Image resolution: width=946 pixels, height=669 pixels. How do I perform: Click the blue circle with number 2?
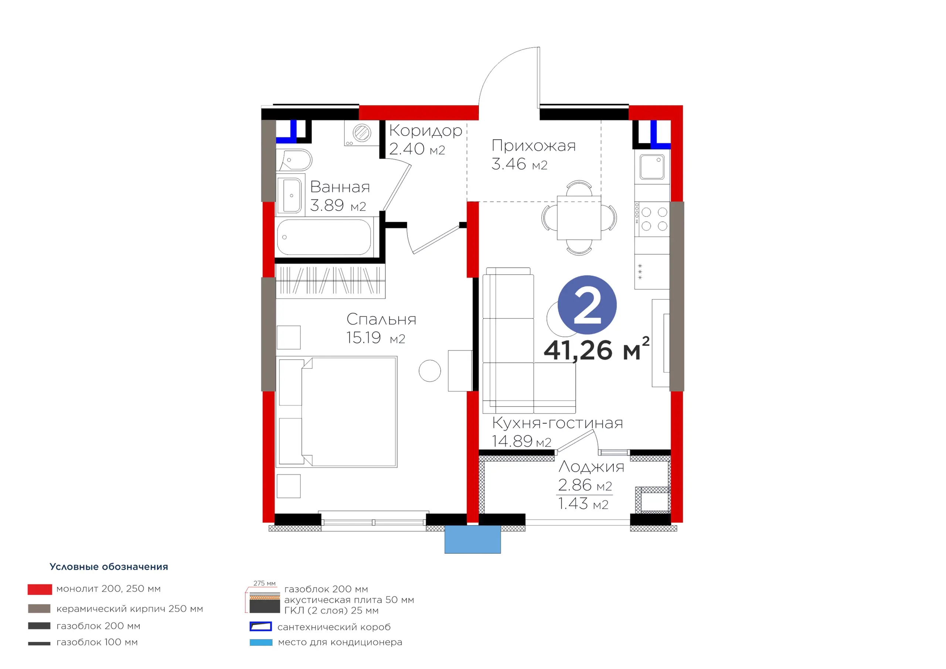(x=587, y=305)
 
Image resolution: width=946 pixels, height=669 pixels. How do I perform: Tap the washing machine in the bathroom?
(x=362, y=133)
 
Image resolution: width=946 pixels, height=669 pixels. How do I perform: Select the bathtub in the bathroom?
(x=324, y=237)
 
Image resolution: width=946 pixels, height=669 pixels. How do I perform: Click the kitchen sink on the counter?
(x=652, y=167)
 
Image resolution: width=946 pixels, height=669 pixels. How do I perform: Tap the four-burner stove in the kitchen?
(x=652, y=219)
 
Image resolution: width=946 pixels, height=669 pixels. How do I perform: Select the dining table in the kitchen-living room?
(x=579, y=218)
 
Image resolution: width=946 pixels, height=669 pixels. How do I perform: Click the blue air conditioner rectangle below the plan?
(x=473, y=539)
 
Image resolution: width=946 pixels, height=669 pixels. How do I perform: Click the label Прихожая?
(x=534, y=146)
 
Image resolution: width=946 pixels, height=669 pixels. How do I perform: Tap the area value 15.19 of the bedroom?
(x=363, y=337)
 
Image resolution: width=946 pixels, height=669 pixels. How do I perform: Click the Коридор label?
(x=426, y=131)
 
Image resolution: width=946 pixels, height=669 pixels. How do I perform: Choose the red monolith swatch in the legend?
(x=40, y=590)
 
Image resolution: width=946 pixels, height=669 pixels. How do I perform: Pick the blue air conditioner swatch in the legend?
(x=261, y=642)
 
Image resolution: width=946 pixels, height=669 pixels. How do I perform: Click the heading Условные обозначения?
(x=109, y=567)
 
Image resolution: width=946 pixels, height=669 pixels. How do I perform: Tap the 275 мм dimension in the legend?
(x=265, y=583)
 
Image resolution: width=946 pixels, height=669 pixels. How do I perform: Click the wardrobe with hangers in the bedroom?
(x=330, y=281)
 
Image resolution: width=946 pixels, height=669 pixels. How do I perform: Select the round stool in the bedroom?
(x=430, y=371)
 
